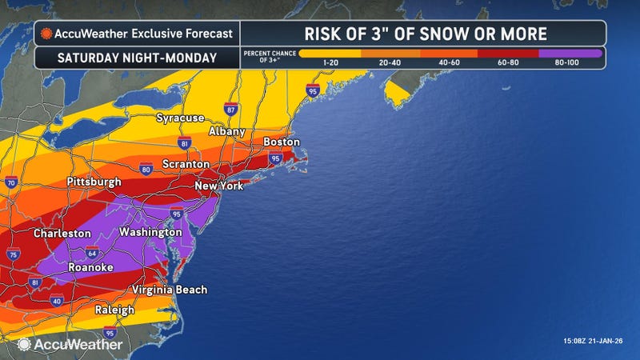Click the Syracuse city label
tap(180, 118)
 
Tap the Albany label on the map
tap(226, 130)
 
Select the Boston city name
tap(281, 142)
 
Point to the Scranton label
tap(184, 164)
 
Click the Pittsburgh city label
tap(94, 182)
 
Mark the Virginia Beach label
tap(170, 289)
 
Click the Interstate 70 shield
tap(10, 183)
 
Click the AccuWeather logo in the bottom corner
tap(70, 344)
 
